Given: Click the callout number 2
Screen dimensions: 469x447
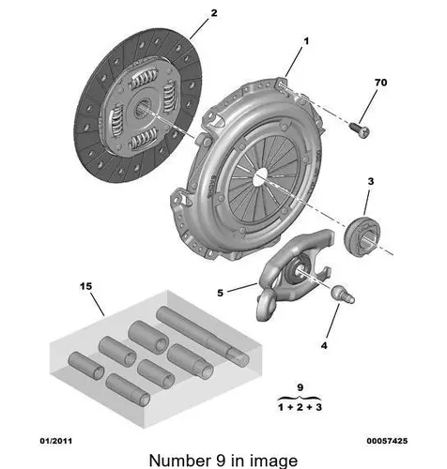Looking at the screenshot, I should (x=213, y=13).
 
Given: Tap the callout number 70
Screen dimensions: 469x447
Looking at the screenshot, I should (x=380, y=83).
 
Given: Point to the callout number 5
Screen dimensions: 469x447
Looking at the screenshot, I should (x=221, y=293).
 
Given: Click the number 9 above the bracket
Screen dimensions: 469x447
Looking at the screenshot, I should (x=300, y=387).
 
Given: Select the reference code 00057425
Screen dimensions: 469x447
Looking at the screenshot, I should (x=389, y=440).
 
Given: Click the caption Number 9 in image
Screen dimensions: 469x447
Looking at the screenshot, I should (x=223, y=460).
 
